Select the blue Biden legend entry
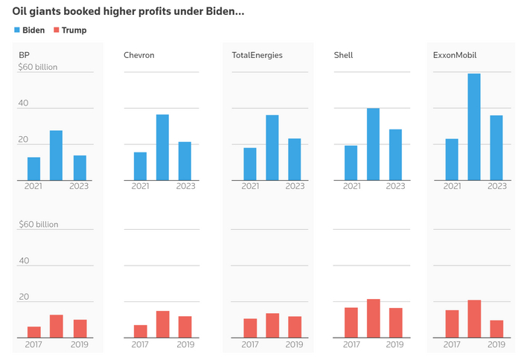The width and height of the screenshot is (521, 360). tap(30, 30)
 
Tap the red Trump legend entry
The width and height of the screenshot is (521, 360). tap(69, 30)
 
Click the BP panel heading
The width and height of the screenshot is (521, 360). tap(25, 55)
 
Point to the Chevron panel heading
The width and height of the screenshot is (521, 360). tap(139, 55)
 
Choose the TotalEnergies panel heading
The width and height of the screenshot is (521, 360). tap(257, 55)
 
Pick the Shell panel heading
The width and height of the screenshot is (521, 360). tap(344, 55)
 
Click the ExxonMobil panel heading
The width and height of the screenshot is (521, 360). tap(456, 55)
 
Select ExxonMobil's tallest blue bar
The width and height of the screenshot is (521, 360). tap(474, 126)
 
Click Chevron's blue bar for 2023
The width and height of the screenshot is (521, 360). tap(185, 161)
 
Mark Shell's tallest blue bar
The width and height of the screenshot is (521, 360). tap(373, 144)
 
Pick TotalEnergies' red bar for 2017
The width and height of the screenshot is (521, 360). tap(250, 328)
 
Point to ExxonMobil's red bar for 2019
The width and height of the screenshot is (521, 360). tap(496, 329)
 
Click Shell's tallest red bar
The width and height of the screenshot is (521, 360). tap(373, 318)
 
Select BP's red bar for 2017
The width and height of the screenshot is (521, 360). tap(33, 332)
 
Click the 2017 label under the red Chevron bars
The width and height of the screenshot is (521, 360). tap(140, 344)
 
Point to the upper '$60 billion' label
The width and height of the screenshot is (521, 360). tap(38, 67)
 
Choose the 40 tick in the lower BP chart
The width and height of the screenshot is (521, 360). tap(24, 261)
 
